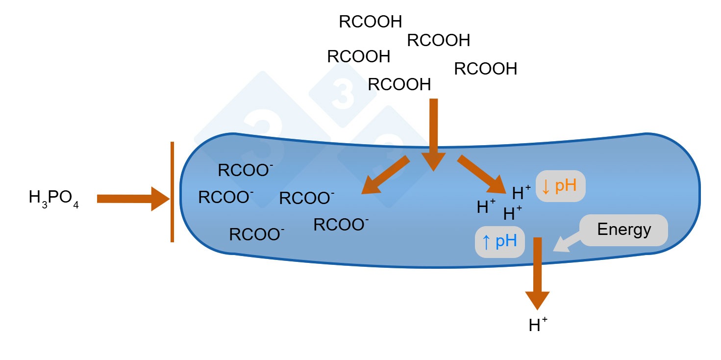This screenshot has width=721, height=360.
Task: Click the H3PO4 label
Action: tap(54, 199)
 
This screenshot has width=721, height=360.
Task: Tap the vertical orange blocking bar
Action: tap(172, 192)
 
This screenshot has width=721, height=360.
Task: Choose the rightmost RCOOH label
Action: tap(485, 69)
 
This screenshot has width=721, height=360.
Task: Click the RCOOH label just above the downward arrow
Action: tap(399, 85)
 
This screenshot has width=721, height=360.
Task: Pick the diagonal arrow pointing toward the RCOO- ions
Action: tap(385, 175)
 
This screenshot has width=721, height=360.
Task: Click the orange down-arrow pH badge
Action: tap(560, 186)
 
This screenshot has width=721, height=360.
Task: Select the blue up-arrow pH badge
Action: tap(500, 242)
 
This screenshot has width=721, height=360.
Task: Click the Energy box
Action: tap(623, 230)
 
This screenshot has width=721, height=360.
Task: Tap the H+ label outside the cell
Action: tap(538, 325)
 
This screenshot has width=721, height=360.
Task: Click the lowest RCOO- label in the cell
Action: tap(257, 234)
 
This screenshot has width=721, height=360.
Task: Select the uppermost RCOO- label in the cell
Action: tap(245, 170)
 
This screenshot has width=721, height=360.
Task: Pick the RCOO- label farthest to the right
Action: tap(341, 225)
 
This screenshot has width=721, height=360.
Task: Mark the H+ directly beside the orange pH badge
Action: tap(521, 193)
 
